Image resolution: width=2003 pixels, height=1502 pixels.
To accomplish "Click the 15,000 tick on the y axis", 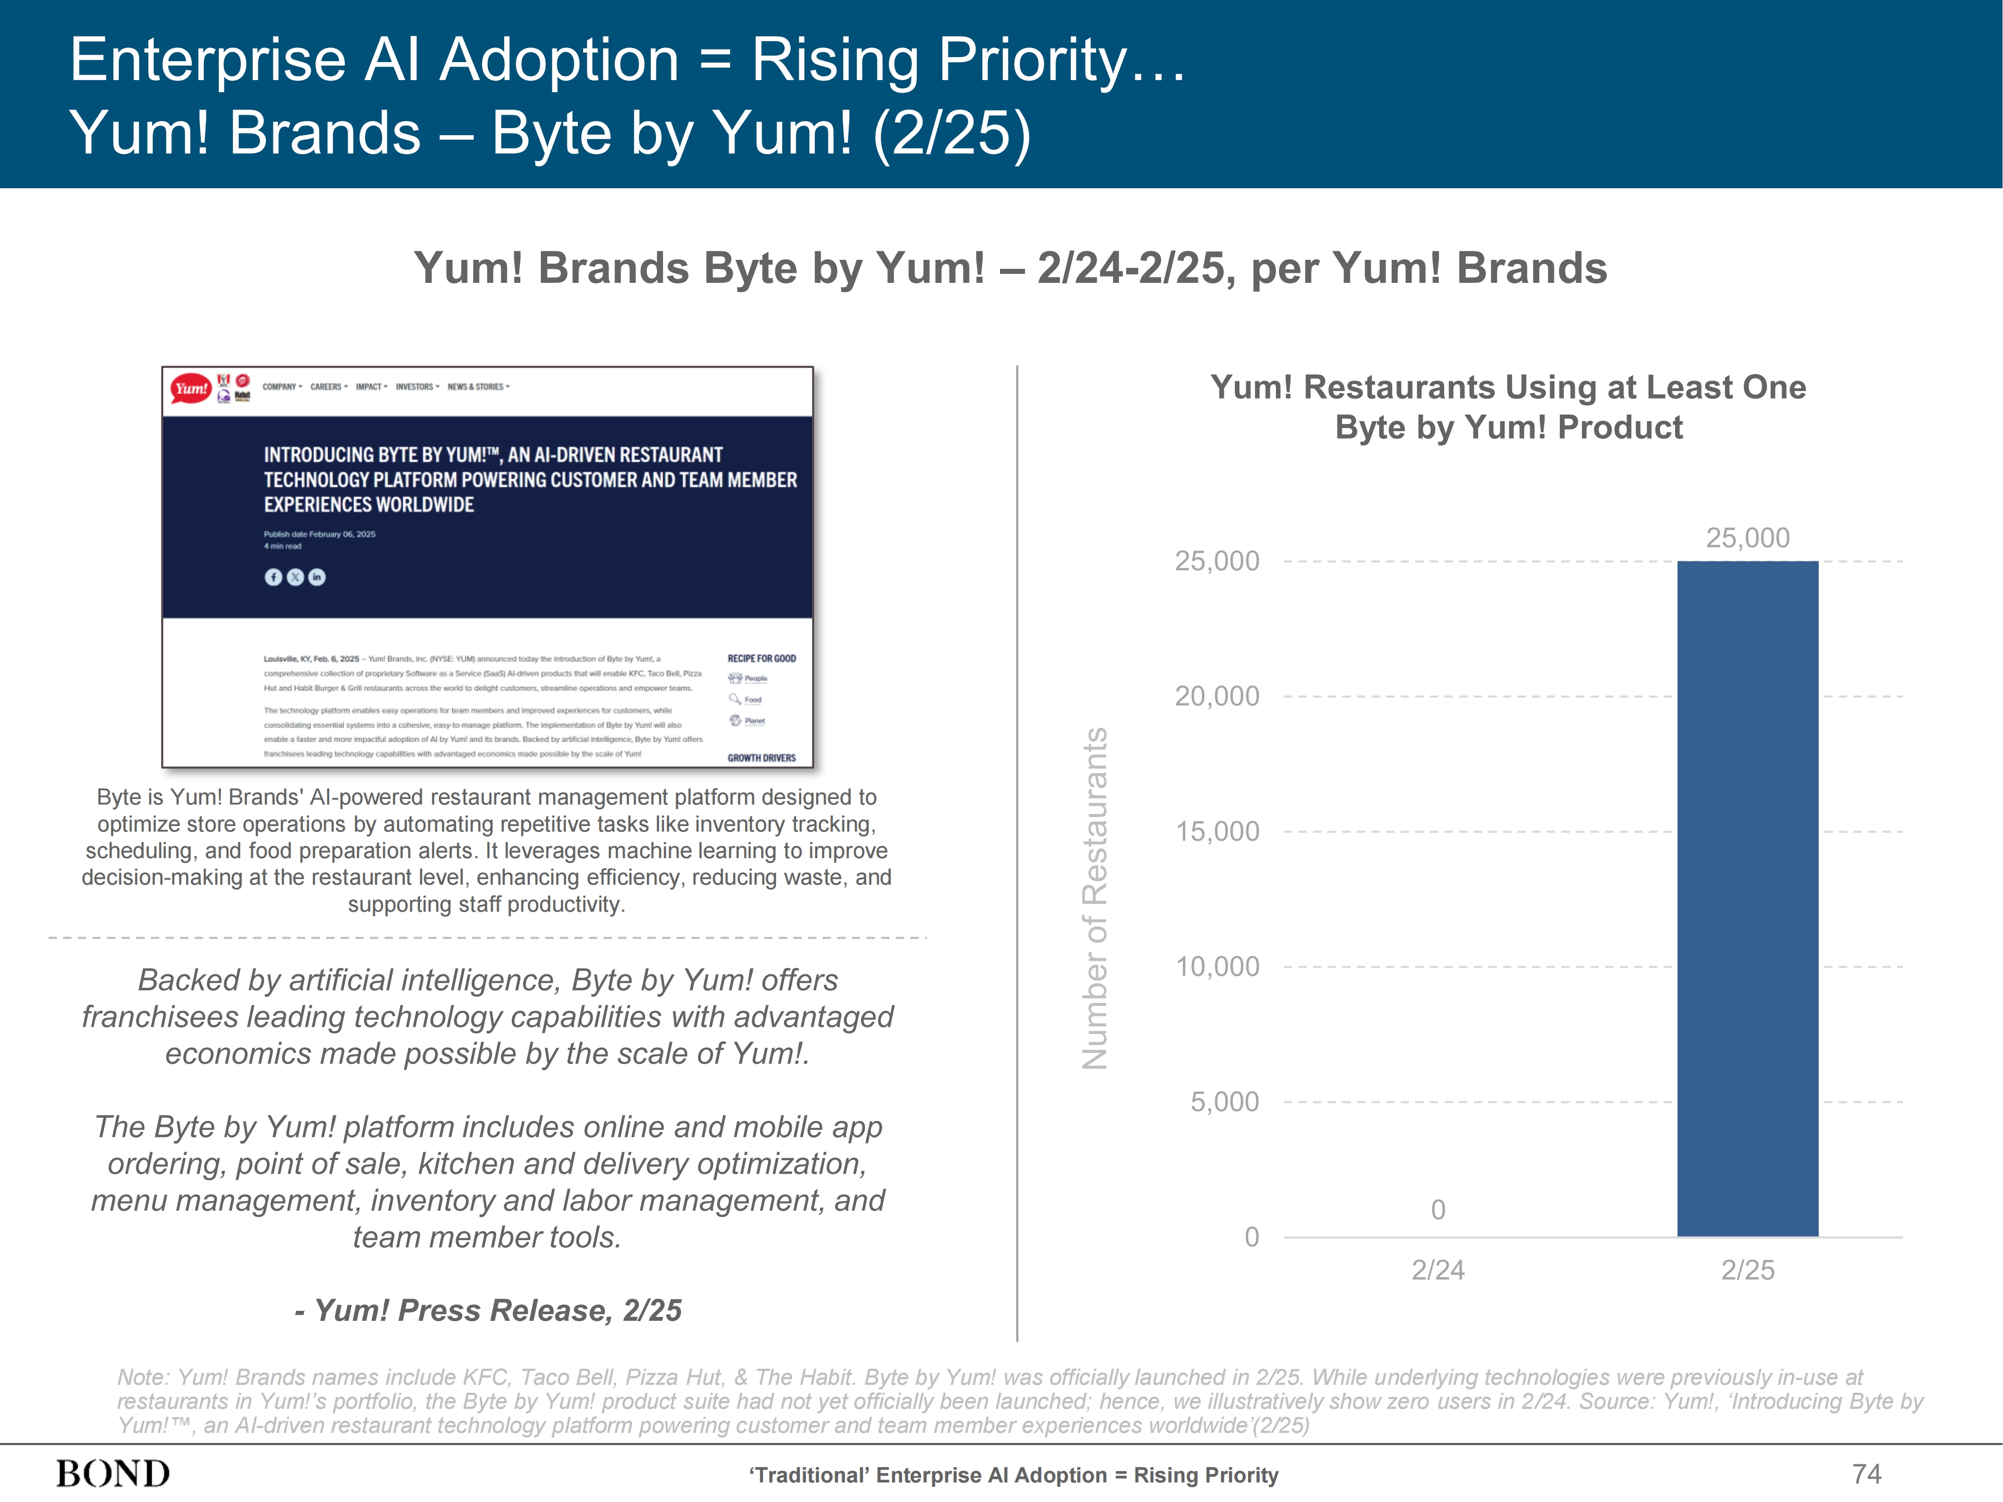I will [1216, 831].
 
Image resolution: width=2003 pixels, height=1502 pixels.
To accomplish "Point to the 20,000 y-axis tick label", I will [1216, 696].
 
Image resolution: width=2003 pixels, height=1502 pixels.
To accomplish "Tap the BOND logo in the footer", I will [113, 1474].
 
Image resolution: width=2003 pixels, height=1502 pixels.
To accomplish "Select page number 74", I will [1866, 1474].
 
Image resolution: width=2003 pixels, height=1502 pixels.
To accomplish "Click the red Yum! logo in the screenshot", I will [190, 389].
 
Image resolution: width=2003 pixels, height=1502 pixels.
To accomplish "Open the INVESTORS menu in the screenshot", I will [417, 387].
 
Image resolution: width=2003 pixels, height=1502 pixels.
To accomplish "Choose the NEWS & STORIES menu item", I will [478, 387].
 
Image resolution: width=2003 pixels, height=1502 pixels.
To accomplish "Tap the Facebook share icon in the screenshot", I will [272, 577].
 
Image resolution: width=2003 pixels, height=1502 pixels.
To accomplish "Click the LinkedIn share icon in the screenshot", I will [317, 577].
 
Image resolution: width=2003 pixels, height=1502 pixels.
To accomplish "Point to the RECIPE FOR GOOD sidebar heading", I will [762, 658].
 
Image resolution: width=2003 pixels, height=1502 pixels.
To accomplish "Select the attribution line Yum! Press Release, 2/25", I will [488, 1310].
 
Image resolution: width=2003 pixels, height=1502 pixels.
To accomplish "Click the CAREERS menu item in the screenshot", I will [328, 387].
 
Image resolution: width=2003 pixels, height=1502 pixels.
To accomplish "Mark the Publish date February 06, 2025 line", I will [319, 534].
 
